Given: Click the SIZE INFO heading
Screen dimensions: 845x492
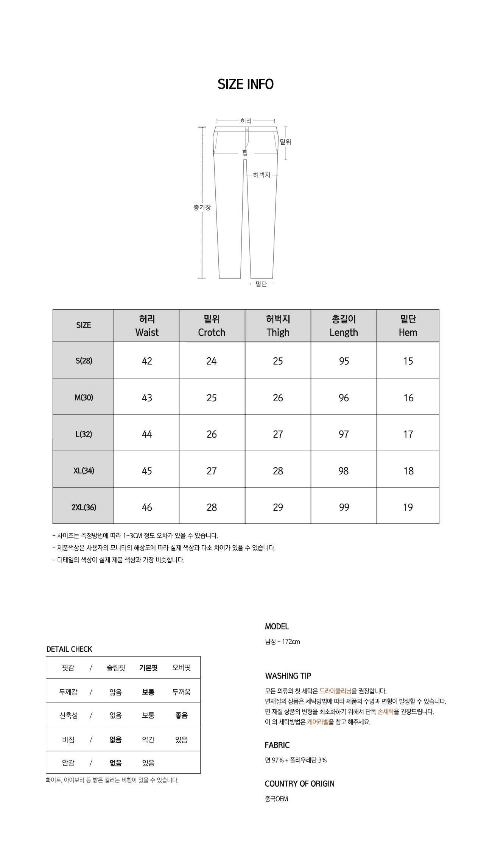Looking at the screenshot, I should point(246,84).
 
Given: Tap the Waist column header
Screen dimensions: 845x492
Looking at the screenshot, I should point(147,326).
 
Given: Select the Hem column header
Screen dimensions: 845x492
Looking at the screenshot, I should point(408,326).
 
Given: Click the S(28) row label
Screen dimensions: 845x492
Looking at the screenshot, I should point(84,361).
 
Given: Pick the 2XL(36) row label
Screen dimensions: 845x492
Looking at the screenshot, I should point(84,507).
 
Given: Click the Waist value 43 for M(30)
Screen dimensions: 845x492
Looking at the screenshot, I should point(147,398).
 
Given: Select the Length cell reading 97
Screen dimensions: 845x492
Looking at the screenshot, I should point(344,434).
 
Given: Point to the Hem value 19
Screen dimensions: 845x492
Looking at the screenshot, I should point(408,507).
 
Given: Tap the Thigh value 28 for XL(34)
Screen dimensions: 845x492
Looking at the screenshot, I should point(278,471).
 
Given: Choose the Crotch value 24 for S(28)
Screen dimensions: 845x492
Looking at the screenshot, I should point(212,361).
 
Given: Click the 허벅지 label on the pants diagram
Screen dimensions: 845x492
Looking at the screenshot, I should point(262,175).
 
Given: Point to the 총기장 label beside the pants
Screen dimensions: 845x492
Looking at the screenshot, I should point(202,208).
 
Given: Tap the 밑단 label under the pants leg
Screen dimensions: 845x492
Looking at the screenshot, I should point(261,284).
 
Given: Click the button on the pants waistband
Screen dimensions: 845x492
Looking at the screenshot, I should point(247,130).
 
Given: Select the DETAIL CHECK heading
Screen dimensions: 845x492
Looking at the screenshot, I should point(69,649).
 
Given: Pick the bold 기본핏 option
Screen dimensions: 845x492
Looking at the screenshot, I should point(148,668).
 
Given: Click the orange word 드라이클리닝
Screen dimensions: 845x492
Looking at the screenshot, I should point(335,691).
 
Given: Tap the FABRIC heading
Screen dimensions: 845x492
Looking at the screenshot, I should point(277,745).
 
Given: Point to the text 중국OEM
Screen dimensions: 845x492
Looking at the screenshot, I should point(276,799).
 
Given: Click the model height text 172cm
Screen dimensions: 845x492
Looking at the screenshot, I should point(291,642).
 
